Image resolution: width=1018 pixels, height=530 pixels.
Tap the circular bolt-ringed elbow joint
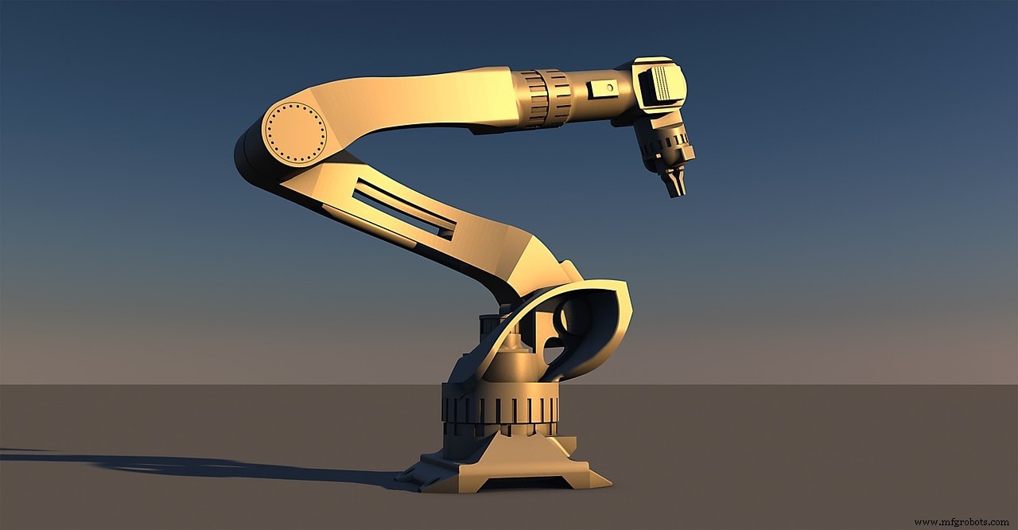(x=295, y=134)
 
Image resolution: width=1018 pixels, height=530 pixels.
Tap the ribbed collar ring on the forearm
(x=545, y=98)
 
